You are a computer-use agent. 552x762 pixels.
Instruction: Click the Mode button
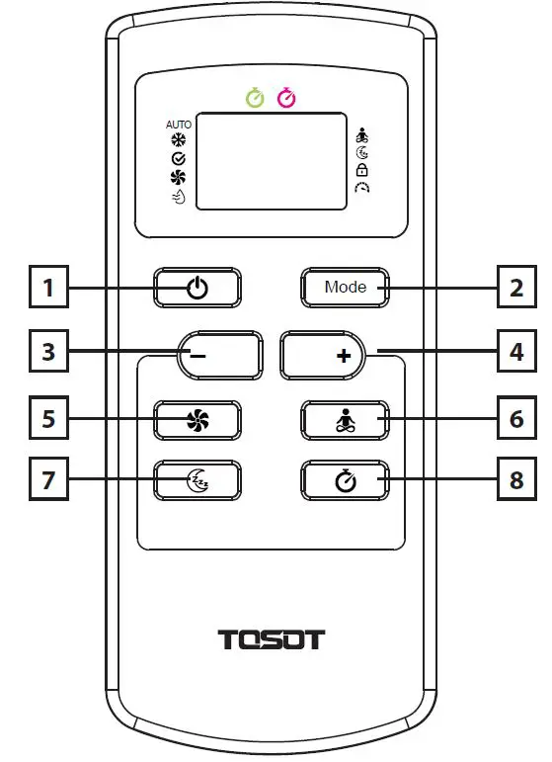click(345, 288)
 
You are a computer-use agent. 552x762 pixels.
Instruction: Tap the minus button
click(220, 354)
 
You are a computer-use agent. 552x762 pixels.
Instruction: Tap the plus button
click(323, 354)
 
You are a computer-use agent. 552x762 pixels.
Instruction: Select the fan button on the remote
click(197, 420)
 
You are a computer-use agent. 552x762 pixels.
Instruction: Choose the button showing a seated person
click(345, 420)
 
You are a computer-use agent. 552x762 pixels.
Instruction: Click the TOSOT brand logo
click(271, 638)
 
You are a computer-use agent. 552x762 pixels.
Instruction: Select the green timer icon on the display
click(255, 98)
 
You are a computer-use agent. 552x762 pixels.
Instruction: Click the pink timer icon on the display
click(286, 98)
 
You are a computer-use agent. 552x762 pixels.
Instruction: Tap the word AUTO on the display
click(179, 125)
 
